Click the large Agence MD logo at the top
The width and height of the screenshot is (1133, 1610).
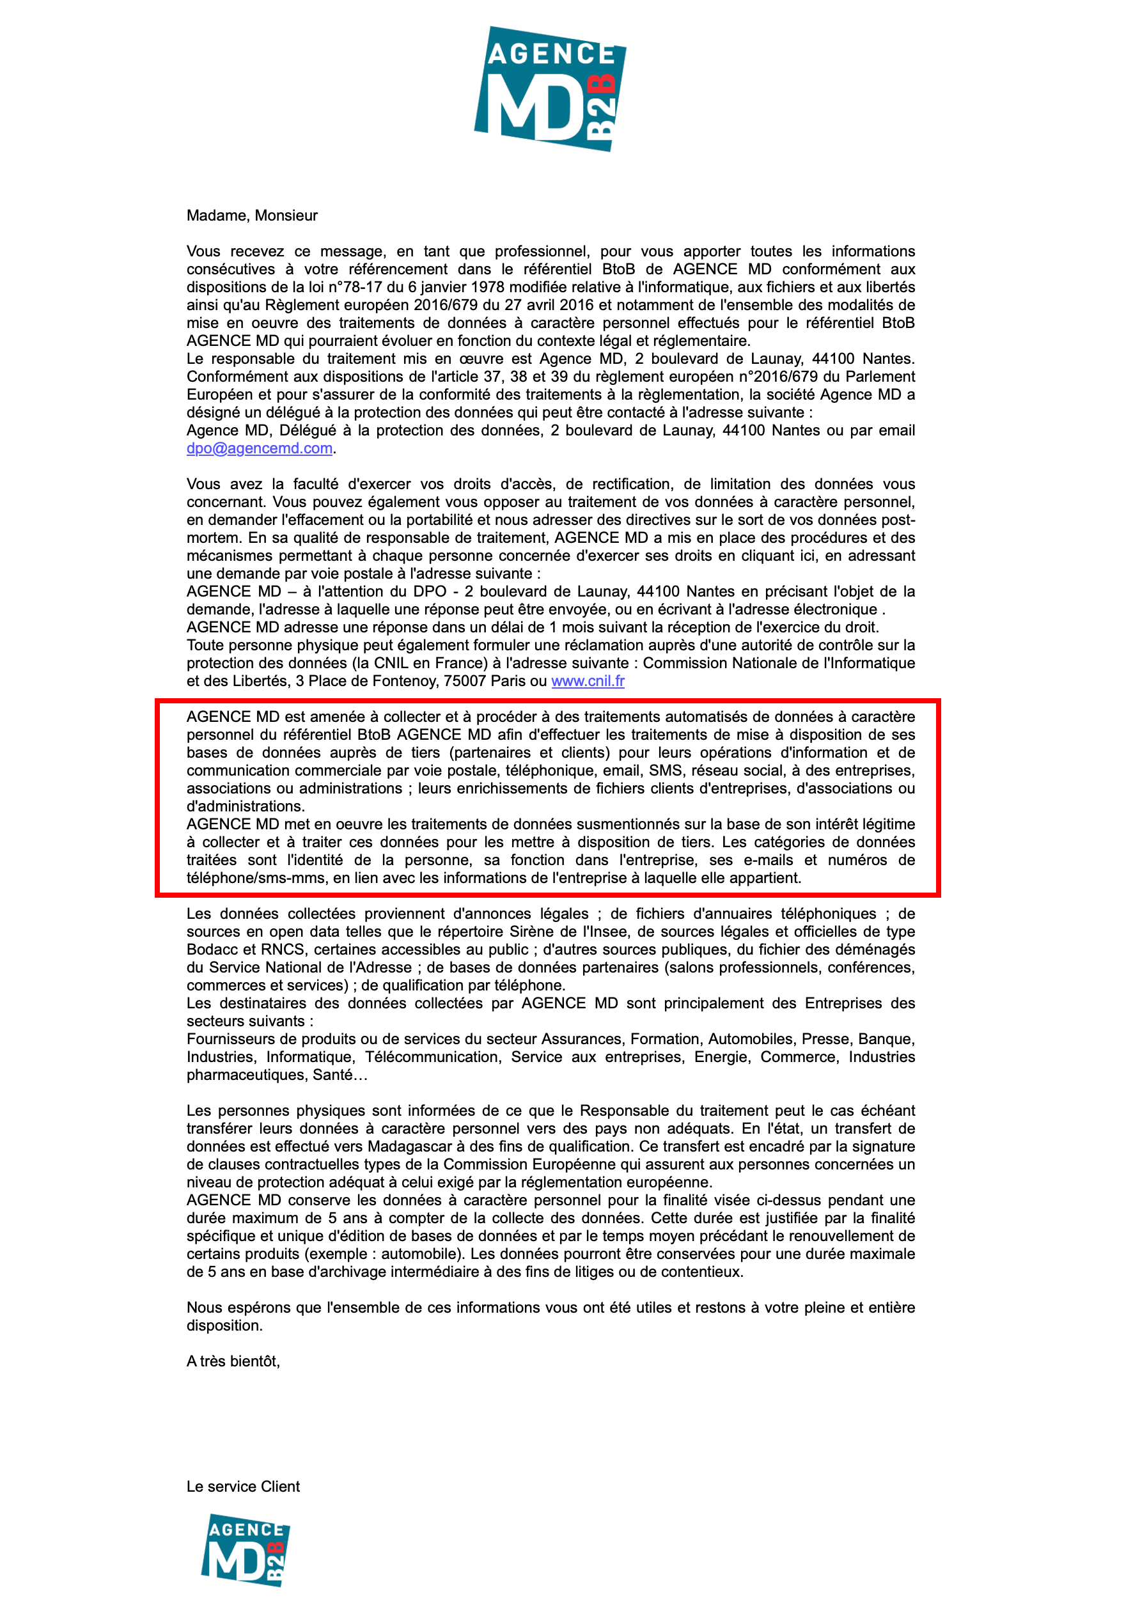[550, 88]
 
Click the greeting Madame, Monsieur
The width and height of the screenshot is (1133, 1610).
[252, 216]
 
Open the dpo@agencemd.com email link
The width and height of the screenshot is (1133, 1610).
[260, 449]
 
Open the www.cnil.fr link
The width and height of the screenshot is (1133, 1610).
[588, 682]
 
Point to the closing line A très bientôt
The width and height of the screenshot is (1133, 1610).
[233, 1362]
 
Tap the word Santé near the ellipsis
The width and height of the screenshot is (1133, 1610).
[333, 1075]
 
